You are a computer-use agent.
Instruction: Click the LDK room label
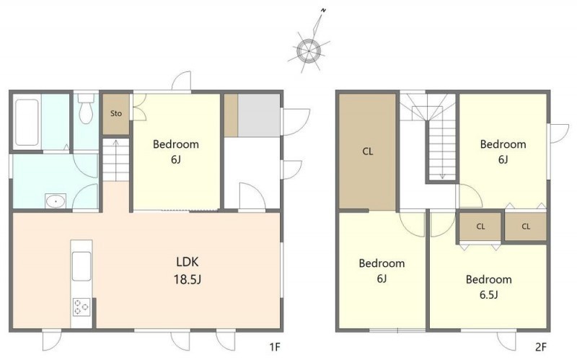[188, 262]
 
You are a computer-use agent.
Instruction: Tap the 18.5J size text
[188, 279]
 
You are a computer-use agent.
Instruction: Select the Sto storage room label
[116, 113]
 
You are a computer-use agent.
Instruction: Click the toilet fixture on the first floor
[86, 107]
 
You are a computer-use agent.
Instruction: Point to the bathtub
[27, 122]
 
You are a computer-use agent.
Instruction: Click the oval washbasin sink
[56, 201]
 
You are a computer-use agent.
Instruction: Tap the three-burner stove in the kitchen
[82, 307]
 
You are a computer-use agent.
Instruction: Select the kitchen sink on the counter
[82, 266]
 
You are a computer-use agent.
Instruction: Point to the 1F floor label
[275, 347]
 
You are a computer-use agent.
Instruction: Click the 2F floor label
[541, 347]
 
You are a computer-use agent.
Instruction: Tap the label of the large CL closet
[368, 152]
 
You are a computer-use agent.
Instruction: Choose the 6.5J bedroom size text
[489, 295]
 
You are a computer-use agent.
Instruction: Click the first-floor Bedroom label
[176, 144]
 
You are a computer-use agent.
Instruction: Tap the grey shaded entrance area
[258, 115]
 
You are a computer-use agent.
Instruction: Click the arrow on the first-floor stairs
[116, 160]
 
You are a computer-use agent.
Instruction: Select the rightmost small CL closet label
[526, 227]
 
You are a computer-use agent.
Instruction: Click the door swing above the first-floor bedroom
[182, 81]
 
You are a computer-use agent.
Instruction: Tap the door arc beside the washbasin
[85, 196]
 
